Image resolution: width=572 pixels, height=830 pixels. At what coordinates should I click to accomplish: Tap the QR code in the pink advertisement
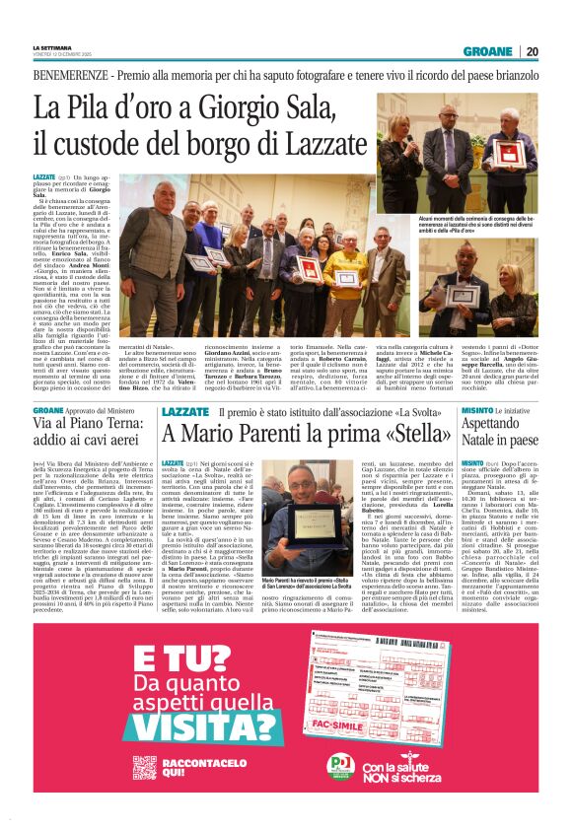68,761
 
